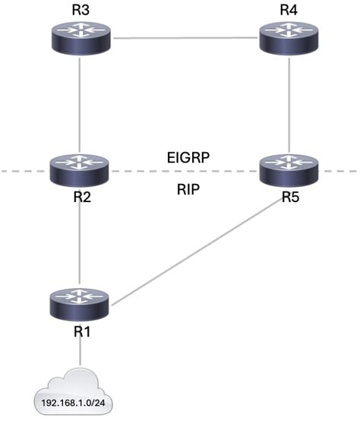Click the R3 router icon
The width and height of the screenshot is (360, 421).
click(80, 37)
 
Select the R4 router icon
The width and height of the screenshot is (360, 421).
click(289, 37)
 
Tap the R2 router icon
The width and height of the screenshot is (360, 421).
click(80, 169)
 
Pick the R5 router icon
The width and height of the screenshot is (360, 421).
click(289, 169)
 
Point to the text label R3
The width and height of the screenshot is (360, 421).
click(80, 10)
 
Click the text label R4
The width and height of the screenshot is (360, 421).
click(289, 10)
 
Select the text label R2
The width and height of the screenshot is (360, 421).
click(80, 197)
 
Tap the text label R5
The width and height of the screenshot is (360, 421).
click(289, 197)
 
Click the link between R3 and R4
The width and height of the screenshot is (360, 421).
click(185, 36)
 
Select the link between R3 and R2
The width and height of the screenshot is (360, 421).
click(80, 103)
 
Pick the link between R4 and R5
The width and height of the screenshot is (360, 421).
click(289, 103)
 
